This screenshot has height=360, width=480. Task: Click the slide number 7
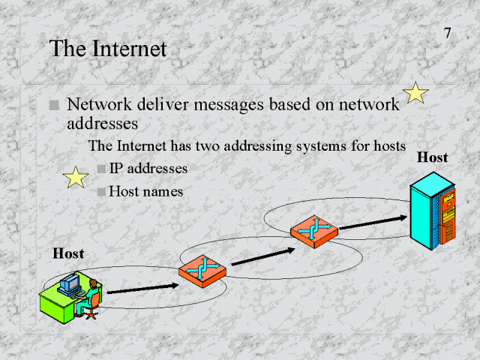(447, 33)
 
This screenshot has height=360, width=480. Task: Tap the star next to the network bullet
(415, 94)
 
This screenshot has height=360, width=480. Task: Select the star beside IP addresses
(75, 178)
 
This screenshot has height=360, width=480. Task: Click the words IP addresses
(148, 169)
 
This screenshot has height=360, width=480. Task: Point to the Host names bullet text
(146, 191)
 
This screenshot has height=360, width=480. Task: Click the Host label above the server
(432, 158)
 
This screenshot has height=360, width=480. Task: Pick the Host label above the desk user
(68, 254)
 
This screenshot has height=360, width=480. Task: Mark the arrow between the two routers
(259, 255)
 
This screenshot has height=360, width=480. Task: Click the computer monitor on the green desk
(70, 283)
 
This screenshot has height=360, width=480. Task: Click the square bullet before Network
(54, 106)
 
